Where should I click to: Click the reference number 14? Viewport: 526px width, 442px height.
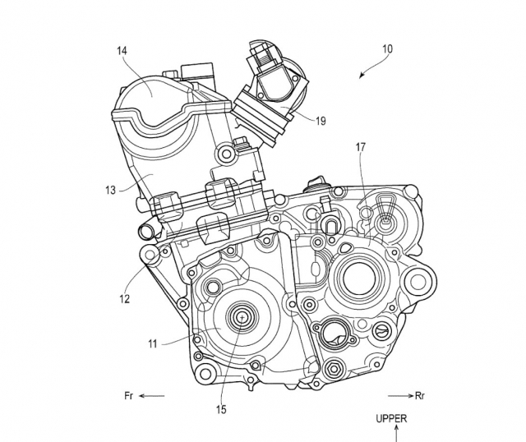122,51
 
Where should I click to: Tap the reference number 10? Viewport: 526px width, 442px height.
387,49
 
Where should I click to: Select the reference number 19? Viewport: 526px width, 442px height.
321,121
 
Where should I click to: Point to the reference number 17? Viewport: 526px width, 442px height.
361,147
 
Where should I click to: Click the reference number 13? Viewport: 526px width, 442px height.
110,191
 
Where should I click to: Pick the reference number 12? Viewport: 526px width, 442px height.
124,298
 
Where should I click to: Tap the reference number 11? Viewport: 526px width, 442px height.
153,343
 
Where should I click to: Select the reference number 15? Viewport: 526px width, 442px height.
221,409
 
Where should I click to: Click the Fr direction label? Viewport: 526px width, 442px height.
129,396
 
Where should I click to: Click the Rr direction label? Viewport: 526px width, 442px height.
420,396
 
